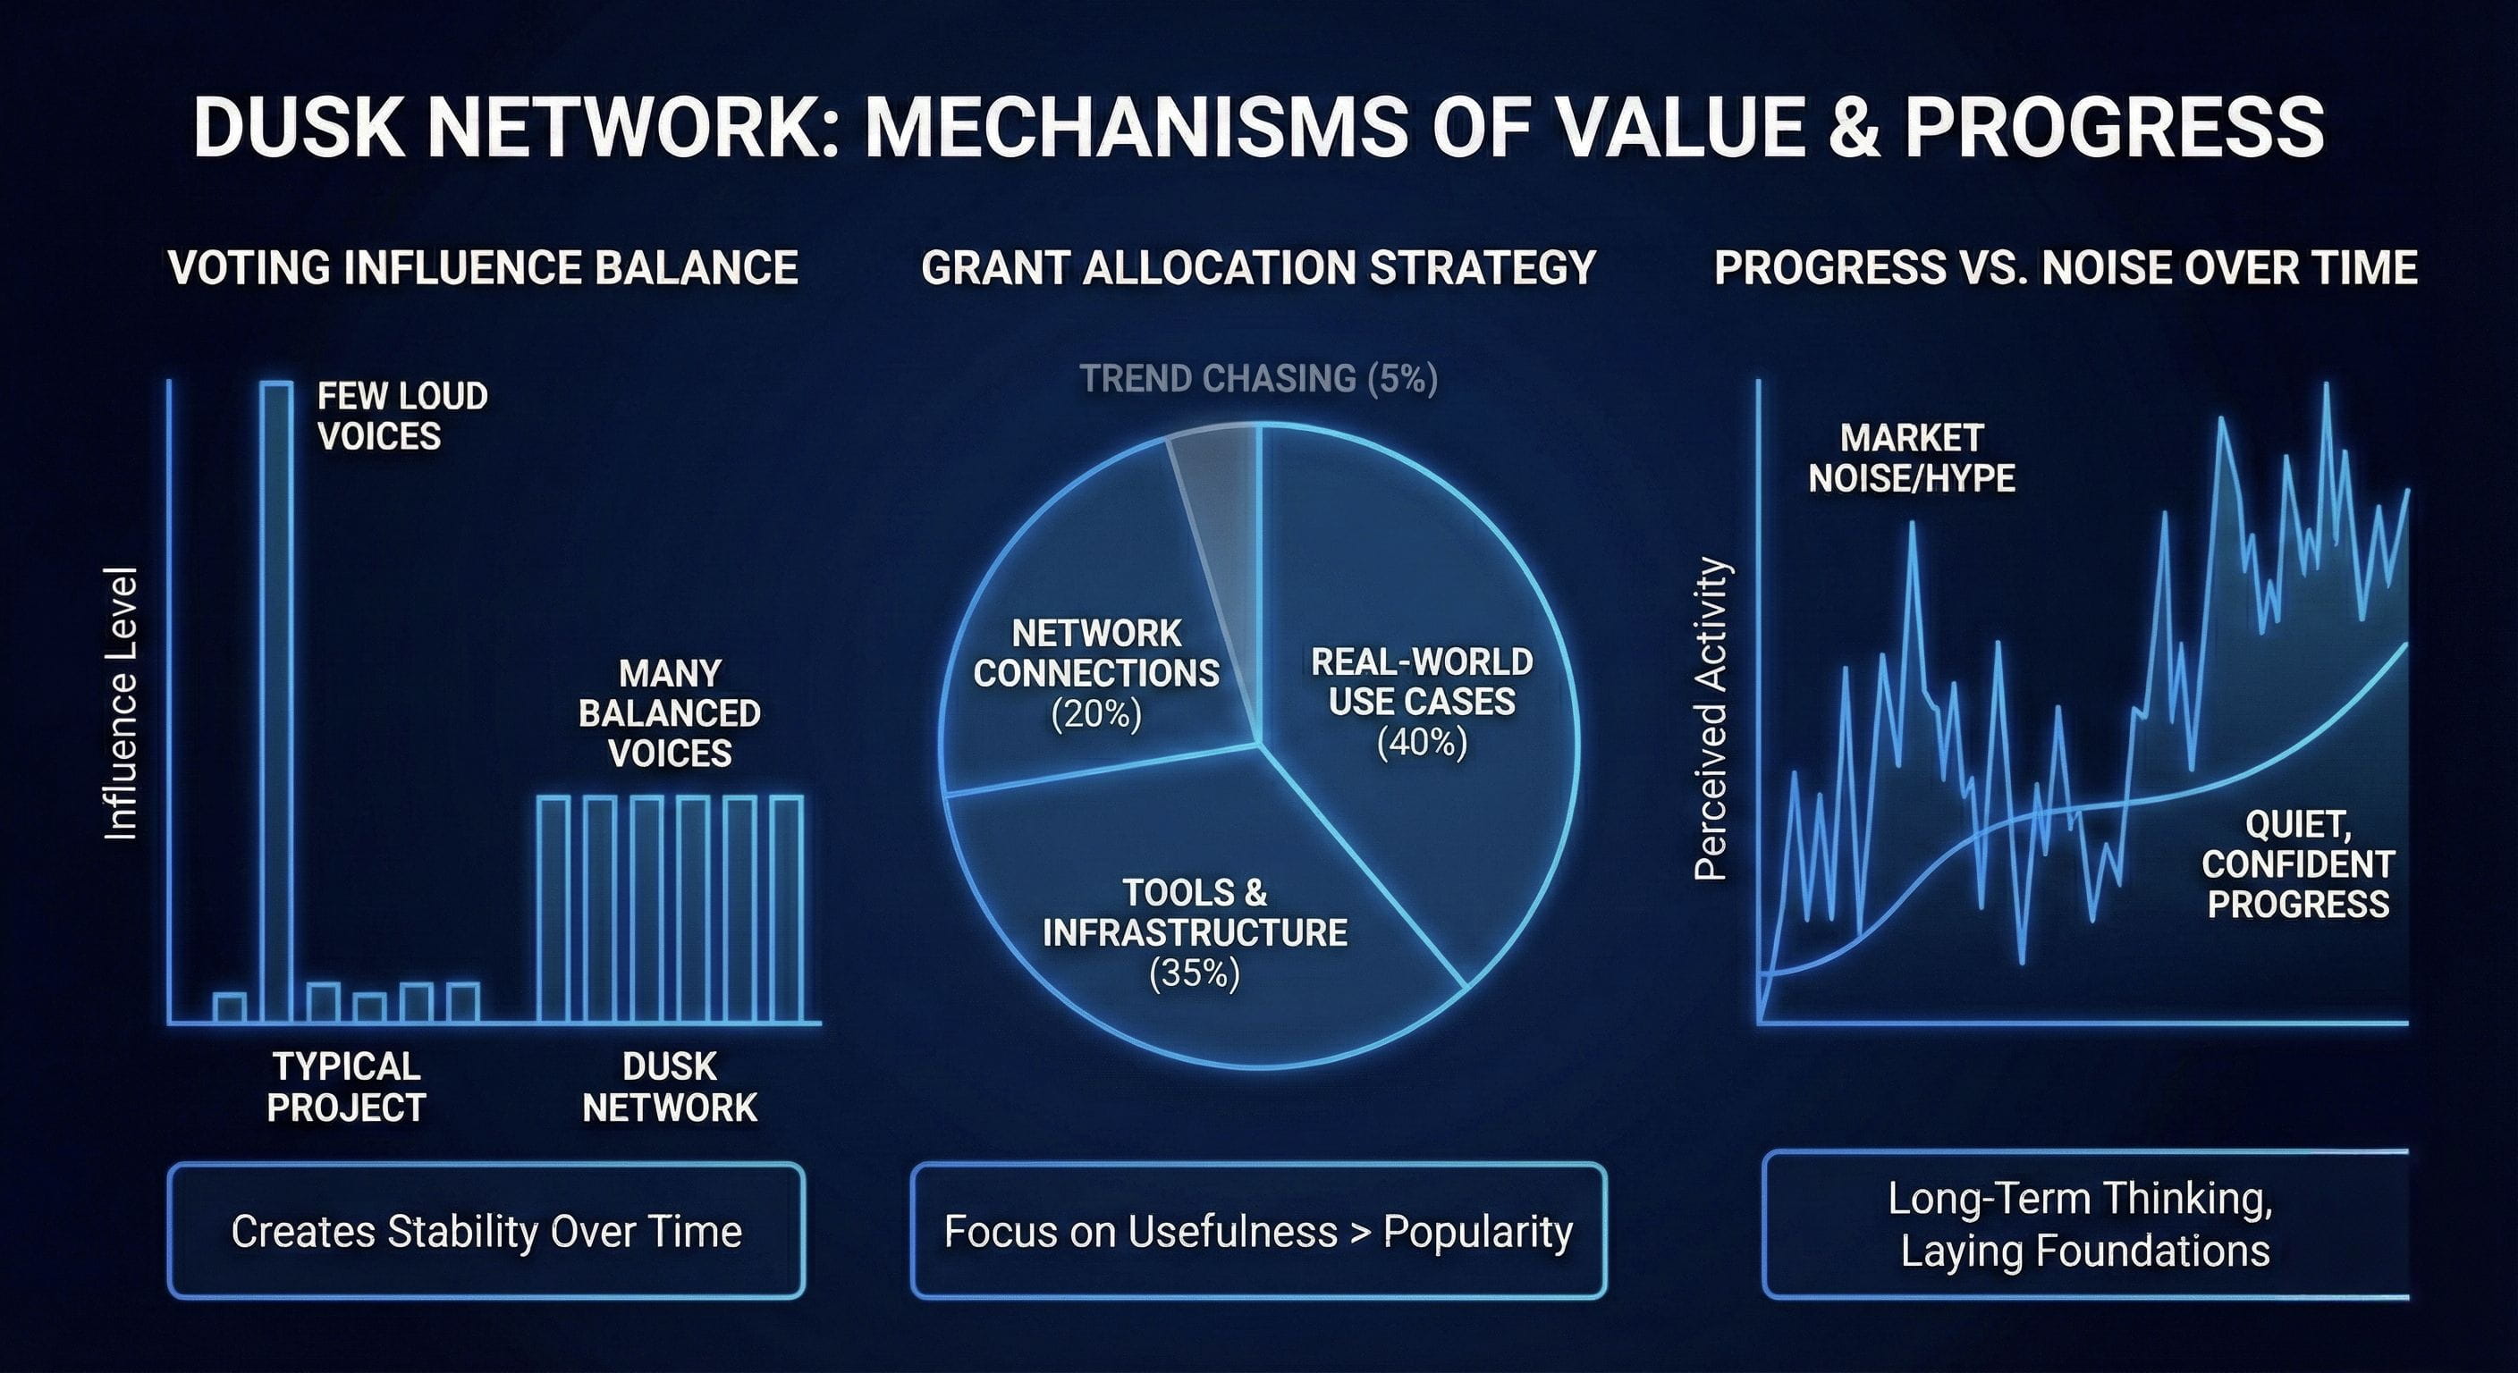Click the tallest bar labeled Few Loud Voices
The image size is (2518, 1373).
pyautogui.click(x=275, y=702)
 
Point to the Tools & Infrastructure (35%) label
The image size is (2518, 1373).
pyautogui.click(x=1195, y=932)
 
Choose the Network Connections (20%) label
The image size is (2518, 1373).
pyautogui.click(x=1097, y=673)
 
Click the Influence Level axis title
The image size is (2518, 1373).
pyautogui.click(x=122, y=703)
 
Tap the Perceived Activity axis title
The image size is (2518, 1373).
pyautogui.click(x=1711, y=719)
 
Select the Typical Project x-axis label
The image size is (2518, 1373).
pyautogui.click(x=346, y=1086)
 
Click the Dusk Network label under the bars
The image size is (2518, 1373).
pyautogui.click(x=670, y=1086)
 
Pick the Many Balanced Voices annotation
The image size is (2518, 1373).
pyautogui.click(x=670, y=712)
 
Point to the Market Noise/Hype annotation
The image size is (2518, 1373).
pyautogui.click(x=1911, y=458)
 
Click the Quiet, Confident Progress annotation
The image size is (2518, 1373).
pyautogui.click(x=2298, y=863)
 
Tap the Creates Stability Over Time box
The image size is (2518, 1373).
pyautogui.click(x=486, y=1230)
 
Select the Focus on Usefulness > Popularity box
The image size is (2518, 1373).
pyautogui.click(x=1259, y=1230)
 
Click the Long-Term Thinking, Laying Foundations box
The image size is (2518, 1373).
pyautogui.click(x=2086, y=1226)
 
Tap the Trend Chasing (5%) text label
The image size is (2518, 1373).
pyautogui.click(x=1259, y=378)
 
